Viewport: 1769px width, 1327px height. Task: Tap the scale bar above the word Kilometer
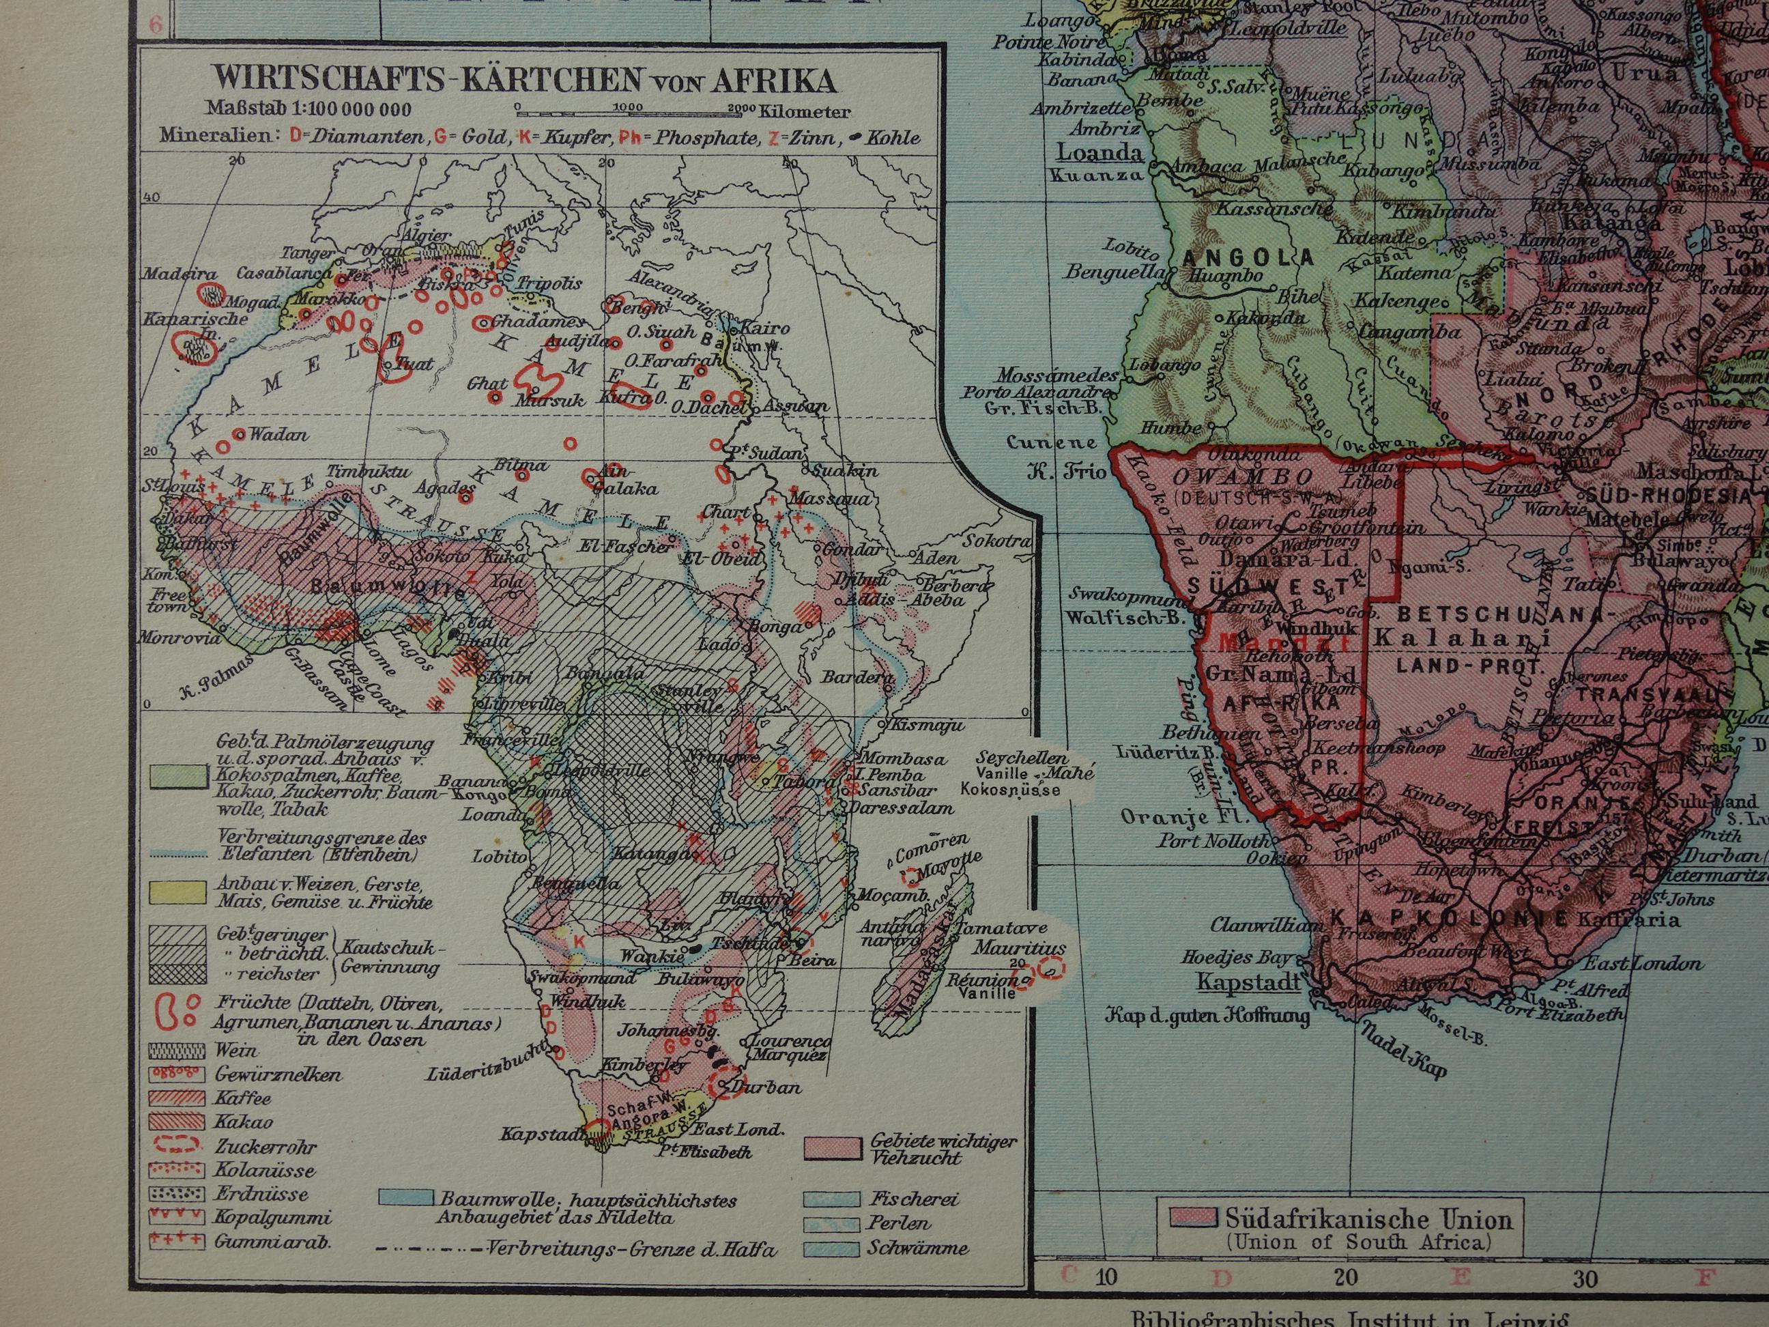tap(624, 106)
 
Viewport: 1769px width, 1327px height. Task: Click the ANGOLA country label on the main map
tap(1249, 257)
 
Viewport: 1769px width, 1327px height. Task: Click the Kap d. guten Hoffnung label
tap(1207, 1018)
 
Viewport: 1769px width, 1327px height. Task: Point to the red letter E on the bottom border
tap(1461, 1276)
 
